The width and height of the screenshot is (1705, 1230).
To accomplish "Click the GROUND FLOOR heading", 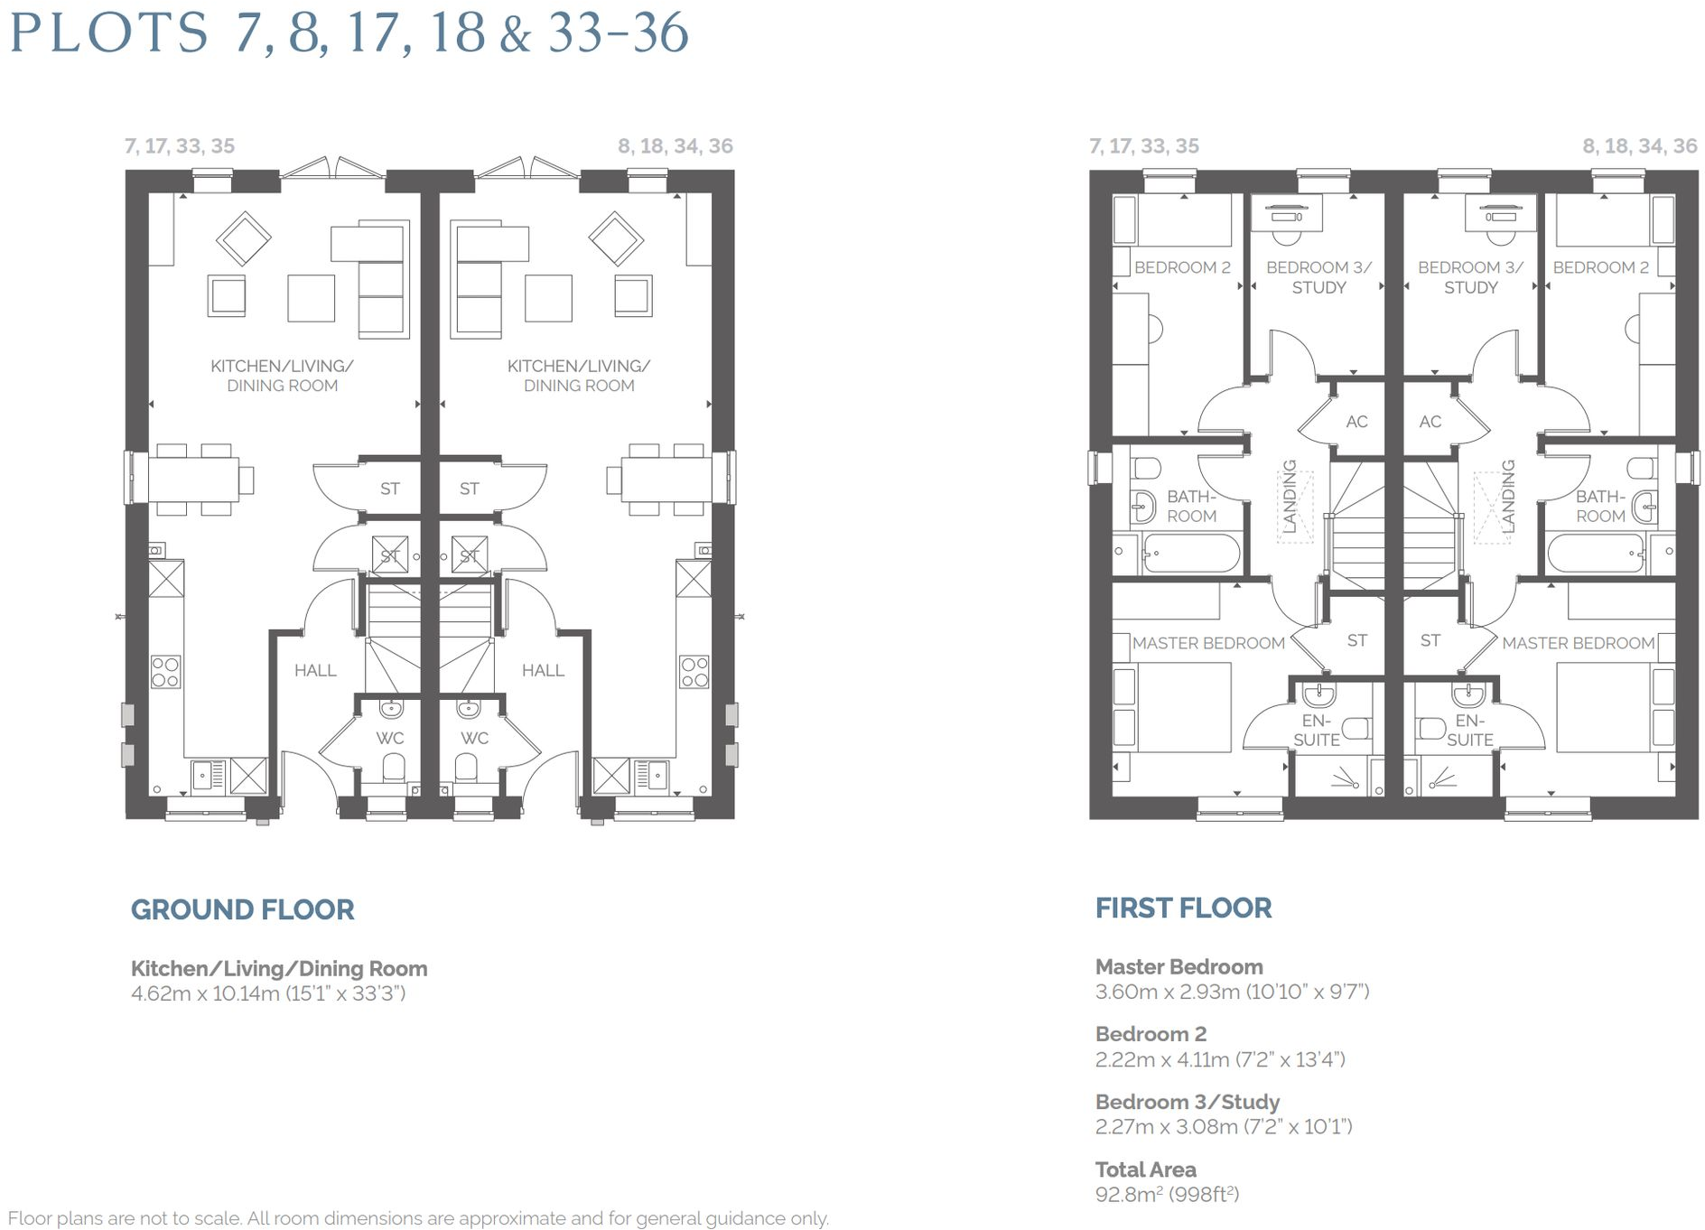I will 242,909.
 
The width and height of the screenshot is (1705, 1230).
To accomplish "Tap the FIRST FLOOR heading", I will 1183,908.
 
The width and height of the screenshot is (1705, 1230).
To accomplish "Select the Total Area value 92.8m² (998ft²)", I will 1167,1194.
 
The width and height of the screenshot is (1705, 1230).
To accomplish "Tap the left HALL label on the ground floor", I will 315,670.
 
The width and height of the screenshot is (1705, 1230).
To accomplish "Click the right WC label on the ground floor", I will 474,738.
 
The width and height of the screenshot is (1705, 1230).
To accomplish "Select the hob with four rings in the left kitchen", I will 165,672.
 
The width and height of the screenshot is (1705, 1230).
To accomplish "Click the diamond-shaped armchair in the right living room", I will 616,238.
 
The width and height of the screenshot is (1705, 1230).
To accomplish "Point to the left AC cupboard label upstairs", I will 1356,422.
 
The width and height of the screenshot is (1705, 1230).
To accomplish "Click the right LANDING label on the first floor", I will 1507,496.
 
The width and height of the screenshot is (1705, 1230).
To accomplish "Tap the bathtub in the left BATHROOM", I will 1190,552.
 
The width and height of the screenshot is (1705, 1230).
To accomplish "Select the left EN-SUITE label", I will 1316,731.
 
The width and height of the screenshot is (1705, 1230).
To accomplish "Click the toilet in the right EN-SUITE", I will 1430,727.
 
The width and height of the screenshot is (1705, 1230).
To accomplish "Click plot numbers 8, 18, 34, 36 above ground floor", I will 675,146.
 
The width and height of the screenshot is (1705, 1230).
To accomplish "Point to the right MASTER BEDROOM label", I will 1578,643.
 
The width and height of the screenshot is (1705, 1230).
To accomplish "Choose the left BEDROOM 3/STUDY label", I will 1318,277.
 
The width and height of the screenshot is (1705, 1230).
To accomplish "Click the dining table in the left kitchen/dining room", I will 192,480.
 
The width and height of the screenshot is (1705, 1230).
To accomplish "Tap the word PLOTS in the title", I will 109,33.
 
